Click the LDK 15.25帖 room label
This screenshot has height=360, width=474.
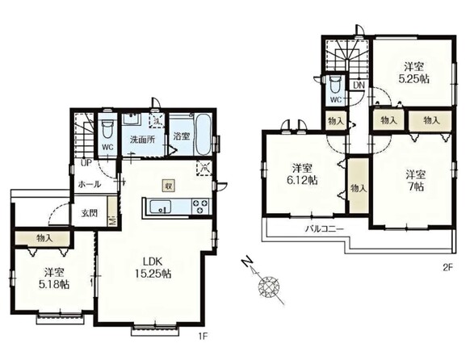pos(153,267)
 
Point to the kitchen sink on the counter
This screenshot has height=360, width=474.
pos(161,207)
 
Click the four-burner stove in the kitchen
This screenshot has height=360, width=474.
pos(201,206)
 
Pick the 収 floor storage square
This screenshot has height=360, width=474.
pos(169,186)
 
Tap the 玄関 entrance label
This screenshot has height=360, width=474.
pos(90,213)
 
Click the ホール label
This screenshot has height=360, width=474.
pos(90,184)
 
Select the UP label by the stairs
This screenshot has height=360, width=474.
pos(86,164)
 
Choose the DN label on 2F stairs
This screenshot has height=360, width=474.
pos(359,86)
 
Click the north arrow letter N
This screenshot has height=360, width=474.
pos(247,262)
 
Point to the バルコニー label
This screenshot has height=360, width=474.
pos(324,229)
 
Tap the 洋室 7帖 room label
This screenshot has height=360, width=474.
pos(416,181)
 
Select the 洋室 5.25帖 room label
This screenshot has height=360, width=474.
pos(414,73)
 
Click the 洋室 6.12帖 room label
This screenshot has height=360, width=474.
pos(302,174)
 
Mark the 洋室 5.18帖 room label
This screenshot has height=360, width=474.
pos(54,278)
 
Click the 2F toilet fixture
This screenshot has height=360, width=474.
pos(335,84)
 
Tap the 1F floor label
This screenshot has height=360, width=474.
pos(203,336)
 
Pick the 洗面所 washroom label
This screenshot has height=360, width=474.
pos(142,140)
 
